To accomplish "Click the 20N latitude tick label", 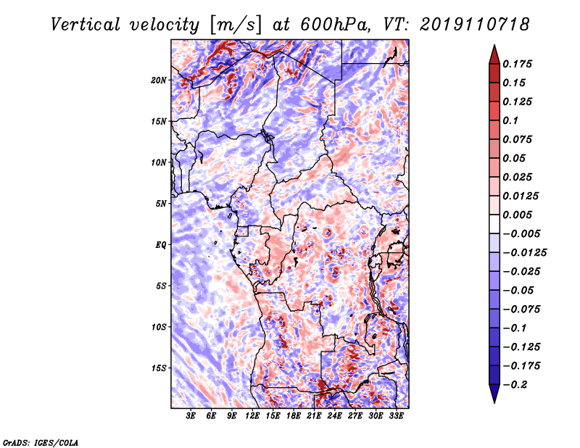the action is tap(159, 80).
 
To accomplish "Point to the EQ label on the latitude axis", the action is tap(161, 245).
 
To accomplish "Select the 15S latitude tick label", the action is tap(159, 368).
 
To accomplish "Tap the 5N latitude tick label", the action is tap(161, 204).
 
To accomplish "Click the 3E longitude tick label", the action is tap(191, 416).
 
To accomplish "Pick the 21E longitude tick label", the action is tap(314, 416).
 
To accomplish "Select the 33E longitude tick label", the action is tap(396, 416).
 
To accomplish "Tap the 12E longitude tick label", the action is tap(252, 416).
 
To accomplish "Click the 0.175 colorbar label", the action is tap(517, 64).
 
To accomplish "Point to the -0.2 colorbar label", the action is tap(515, 385).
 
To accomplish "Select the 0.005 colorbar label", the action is tap(517, 215).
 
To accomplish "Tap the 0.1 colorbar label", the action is tap(510, 120).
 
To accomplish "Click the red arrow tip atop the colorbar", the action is tap(494, 45).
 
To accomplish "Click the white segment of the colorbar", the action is tap(494, 224).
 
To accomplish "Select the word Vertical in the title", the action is tap(86, 25).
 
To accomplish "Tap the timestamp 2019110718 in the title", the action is tap(474, 25).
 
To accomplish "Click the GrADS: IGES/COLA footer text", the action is tap(41, 442).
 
